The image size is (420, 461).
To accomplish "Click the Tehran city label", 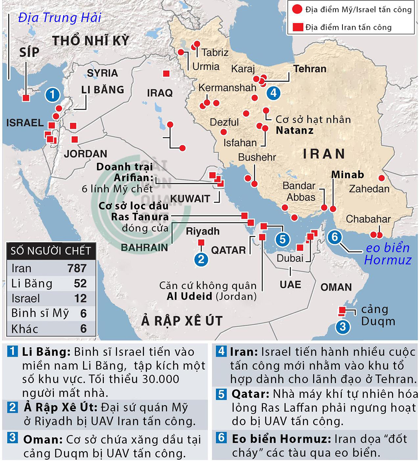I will pyautogui.click(x=310, y=69).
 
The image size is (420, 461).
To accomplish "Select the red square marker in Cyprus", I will pyautogui.click(x=26, y=98).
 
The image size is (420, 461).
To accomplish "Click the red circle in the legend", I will pyautogui.click(x=297, y=9).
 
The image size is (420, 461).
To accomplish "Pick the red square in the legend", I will pyautogui.click(x=297, y=28).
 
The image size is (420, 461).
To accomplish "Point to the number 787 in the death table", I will pyautogui.click(x=77, y=268).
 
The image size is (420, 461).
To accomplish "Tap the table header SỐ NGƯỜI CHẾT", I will pyautogui.click(x=51, y=250).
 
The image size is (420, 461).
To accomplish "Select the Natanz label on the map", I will pyautogui.click(x=294, y=131).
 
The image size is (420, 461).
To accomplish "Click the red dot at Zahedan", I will pyautogui.click(x=381, y=178).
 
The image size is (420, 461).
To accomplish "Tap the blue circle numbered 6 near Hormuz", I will pyautogui.click(x=335, y=237).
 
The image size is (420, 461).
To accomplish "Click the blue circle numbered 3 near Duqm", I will pyautogui.click(x=343, y=327).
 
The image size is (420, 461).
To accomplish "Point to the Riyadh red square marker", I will pyautogui.click(x=201, y=243).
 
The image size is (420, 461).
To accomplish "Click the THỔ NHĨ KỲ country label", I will pyautogui.click(x=91, y=41).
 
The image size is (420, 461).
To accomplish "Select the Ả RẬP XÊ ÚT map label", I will pyautogui.click(x=182, y=321).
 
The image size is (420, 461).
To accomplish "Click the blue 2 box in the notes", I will pyautogui.click(x=13, y=408).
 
